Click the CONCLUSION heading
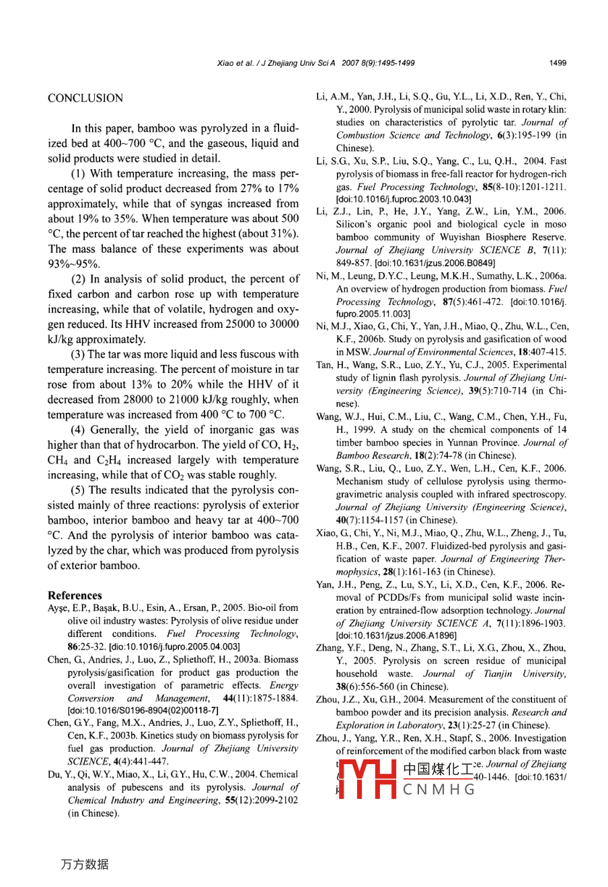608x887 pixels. [85, 98]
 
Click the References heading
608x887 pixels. [75, 595]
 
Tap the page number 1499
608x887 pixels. [558, 63]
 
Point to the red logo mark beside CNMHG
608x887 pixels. [367, 779]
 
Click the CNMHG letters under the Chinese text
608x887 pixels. [439, 789]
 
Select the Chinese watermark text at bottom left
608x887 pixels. [84, 864]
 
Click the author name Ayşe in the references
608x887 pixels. [59, 608]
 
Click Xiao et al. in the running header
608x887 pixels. [235, 63]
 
